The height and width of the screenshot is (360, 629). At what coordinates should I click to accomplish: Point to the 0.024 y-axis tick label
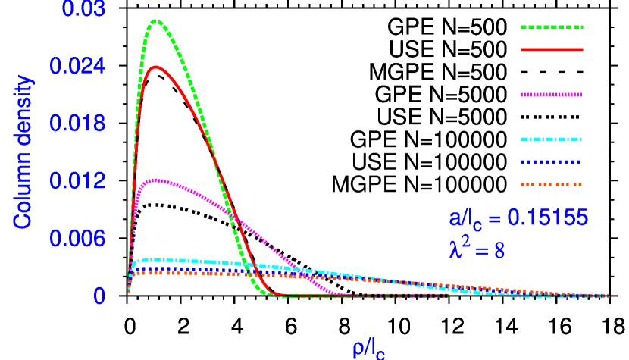pos(77,67)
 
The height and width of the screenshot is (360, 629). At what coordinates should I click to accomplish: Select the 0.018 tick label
pos(77,124)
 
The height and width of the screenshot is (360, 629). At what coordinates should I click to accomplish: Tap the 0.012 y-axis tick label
pos(77,181)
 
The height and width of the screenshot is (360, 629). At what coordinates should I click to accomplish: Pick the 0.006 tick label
pos(77,239)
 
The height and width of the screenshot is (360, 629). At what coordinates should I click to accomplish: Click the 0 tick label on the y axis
pos(99,296)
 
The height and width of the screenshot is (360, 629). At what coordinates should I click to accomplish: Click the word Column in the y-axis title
pos(23,193)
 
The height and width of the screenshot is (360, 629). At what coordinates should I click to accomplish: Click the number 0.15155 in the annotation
pos(547,218)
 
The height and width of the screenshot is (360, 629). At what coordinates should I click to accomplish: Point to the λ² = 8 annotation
pos(477,249)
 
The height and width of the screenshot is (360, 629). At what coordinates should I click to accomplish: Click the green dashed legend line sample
pos(552,27)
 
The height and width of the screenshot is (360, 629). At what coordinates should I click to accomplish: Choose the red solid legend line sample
pos(552,49)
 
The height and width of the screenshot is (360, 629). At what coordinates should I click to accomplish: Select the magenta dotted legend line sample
pos(552,95)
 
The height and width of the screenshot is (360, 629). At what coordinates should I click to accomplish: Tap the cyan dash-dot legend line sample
pos(552,139)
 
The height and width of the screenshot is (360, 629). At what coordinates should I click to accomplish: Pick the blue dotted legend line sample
pos(552,161)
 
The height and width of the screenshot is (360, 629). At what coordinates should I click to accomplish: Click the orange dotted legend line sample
pos(552,184)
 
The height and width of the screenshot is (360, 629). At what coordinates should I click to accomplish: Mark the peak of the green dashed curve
pos(156,20)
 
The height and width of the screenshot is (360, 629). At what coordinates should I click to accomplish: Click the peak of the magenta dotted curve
pos(155,180)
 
